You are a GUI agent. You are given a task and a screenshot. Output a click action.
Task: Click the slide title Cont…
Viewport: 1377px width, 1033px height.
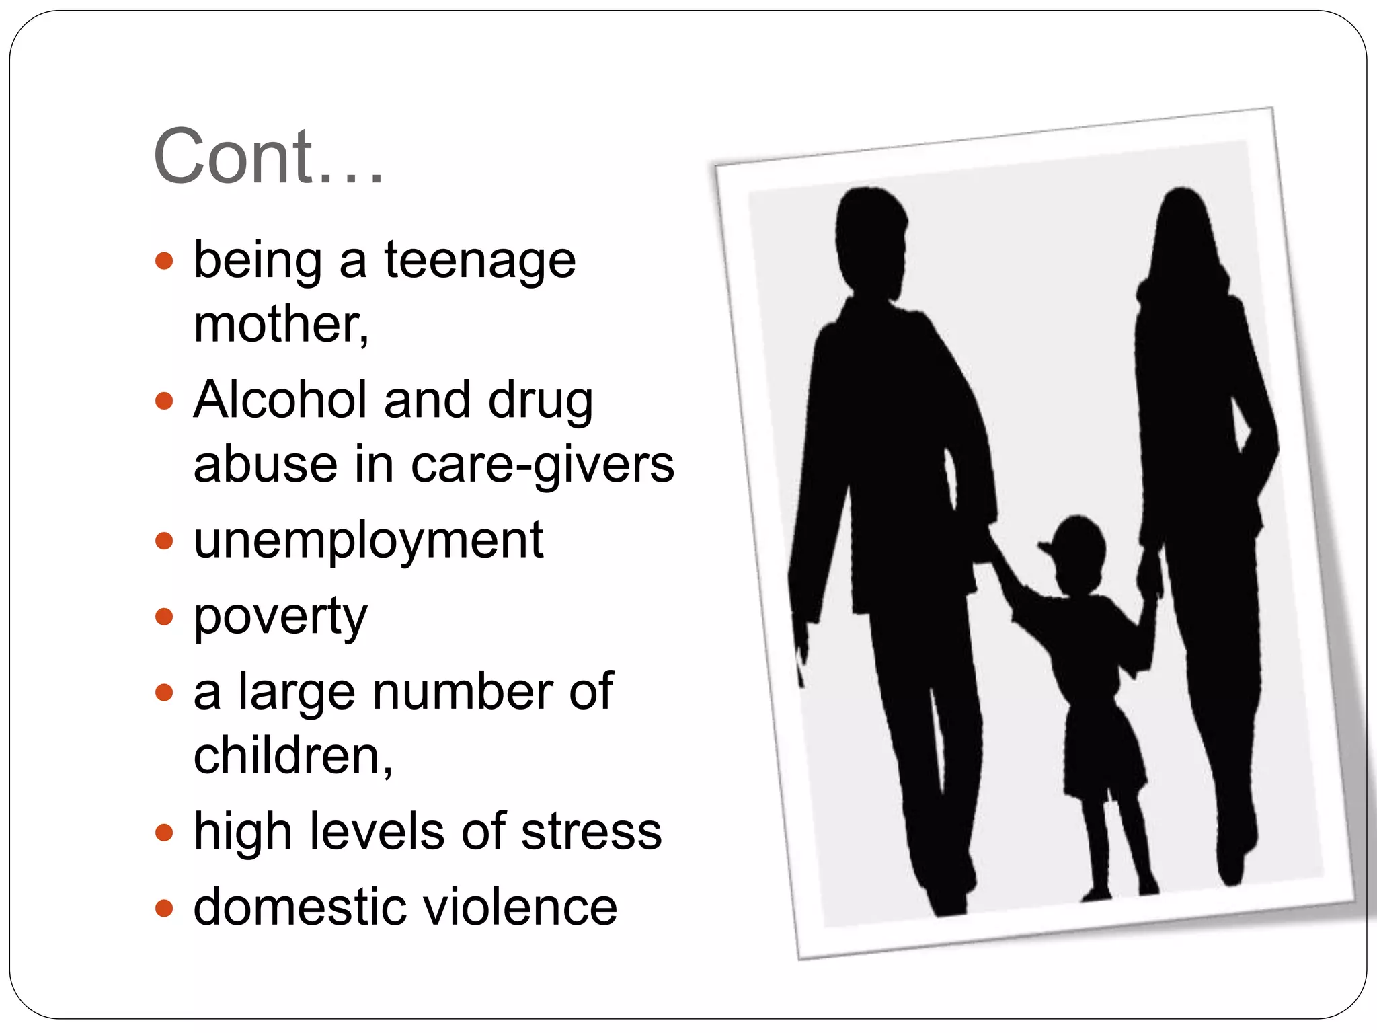click(x=268, y=156)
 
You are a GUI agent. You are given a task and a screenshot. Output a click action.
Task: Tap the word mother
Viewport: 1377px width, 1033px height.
click(x=280, y=324)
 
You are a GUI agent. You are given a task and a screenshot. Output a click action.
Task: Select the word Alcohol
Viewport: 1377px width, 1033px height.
click(x=280, y=399)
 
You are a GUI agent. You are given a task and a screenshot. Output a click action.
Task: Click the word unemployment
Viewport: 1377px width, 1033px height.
click(x=368, y=540)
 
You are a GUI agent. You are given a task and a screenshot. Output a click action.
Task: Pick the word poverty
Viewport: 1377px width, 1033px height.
click(x=280, y=616)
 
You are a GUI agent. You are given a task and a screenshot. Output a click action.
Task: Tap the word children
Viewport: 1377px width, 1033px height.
click(x=292, y=755)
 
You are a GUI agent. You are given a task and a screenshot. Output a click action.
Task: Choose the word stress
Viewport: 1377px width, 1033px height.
click(x=591, y=831)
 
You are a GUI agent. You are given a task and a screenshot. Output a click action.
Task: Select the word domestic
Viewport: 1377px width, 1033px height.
click(x=298, y=907)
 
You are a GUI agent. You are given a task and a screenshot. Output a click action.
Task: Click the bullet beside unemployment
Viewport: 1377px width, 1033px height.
click(x=163, y=541)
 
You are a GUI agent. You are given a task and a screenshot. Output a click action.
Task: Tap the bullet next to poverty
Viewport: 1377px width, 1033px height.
click(x=163, y=616)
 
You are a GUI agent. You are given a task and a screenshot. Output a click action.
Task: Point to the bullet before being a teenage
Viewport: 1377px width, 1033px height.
click(x=163, y=261)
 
